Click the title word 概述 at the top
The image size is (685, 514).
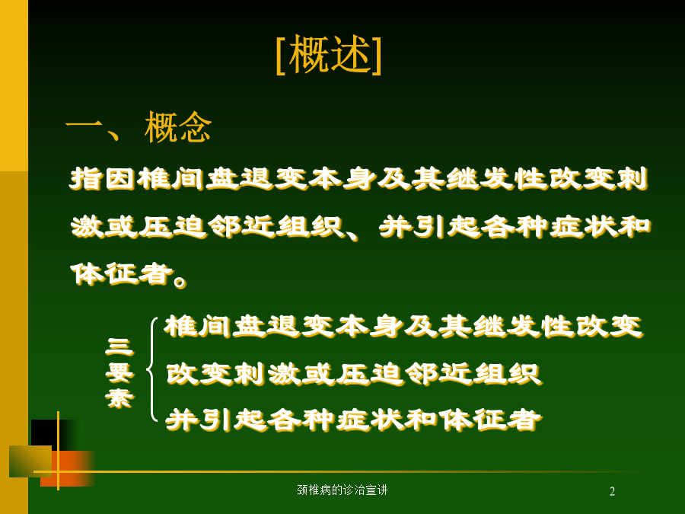[x=330, y=54]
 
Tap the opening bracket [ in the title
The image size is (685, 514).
[x=281, y=56]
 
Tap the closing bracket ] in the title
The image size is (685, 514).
[x=377, y=56]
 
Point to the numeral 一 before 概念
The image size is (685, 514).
[x=84, y=126]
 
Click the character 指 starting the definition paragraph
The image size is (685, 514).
[x=86, y=178]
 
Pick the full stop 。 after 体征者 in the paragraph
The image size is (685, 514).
[x=180, y=280]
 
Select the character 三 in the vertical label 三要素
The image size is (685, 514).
[x=119, y=347]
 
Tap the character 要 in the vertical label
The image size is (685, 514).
[x=119, y=372]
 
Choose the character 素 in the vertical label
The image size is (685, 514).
[x=119, y=397]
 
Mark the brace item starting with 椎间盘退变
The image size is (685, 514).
[x=403, y=327]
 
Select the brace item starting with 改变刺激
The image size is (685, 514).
[x=353, y=374]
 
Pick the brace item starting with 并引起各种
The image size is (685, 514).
[x=353, y=420]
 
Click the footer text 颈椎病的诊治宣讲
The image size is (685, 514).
[x=342, y=490]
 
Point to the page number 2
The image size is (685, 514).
[x=612, y=492]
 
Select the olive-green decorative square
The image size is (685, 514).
[x=30, y=461]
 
